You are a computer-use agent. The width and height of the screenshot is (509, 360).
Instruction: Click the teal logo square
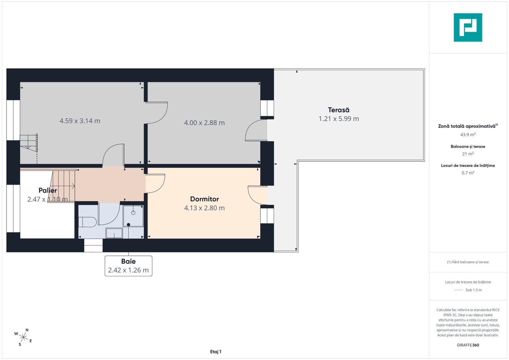[468, 27]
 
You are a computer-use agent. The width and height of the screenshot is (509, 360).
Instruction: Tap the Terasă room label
[339, 110]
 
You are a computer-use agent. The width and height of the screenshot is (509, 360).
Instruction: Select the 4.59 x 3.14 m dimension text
[80, 121]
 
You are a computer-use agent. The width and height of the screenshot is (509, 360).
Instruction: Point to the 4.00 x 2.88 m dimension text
[204, 123]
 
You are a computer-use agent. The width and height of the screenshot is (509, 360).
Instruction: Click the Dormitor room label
[204, 199]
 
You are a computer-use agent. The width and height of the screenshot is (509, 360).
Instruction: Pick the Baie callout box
[128, 266]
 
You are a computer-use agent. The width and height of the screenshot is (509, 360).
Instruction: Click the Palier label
[48, 190]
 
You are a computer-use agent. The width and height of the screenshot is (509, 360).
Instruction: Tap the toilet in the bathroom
[87, 222]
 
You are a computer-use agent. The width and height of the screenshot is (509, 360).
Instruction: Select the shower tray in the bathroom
[133, 216]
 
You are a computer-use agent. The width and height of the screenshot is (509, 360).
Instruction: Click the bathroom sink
[114, 233]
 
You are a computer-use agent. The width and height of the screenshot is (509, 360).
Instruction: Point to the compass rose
[23, 337]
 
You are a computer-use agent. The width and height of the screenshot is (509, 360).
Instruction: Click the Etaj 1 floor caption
[216, 352]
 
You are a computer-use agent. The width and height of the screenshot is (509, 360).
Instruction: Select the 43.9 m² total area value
[468, 135]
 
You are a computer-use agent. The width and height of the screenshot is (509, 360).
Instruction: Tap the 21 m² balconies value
[468, 154]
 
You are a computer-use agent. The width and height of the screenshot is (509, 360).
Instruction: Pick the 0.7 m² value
[468, 173]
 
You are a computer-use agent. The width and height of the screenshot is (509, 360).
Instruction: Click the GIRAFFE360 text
[468, 345]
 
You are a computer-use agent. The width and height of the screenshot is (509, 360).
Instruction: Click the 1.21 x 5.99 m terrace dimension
[339, 119]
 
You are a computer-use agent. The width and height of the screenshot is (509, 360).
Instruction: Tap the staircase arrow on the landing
[63, 186]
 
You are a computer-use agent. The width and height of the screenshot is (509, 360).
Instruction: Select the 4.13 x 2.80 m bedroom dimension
[204, 208]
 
